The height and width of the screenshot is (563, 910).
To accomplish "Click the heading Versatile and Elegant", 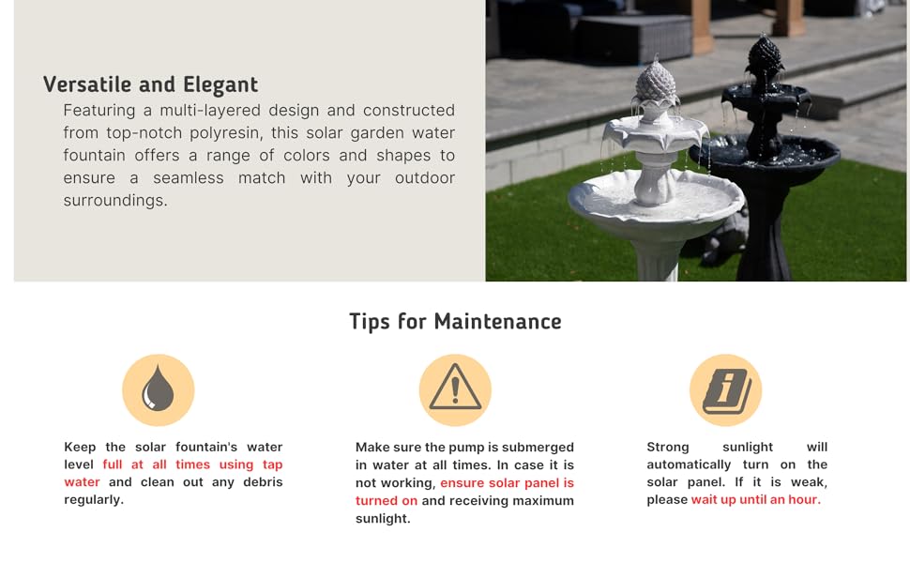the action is pos(150,84).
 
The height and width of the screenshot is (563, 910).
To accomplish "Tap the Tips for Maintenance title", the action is pos(456,322).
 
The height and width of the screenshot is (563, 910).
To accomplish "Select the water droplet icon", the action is pos(158,388).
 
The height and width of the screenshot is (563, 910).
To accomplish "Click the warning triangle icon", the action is pos(456,388).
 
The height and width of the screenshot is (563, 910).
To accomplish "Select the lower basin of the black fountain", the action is pos(765,154).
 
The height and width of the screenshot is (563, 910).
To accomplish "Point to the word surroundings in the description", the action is pos(115,200).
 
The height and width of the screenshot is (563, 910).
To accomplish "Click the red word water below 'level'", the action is pos(82,481).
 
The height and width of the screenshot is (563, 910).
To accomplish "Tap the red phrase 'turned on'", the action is pos(387,500).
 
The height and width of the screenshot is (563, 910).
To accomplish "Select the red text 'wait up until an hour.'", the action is pos(755,499).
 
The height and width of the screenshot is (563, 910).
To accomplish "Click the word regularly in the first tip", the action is pos(94,500).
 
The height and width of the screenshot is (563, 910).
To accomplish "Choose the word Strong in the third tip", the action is pos(668,447).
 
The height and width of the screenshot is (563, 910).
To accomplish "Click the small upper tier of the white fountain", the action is pos(656,129).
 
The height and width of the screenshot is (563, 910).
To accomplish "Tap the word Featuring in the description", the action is pos(99,111).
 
